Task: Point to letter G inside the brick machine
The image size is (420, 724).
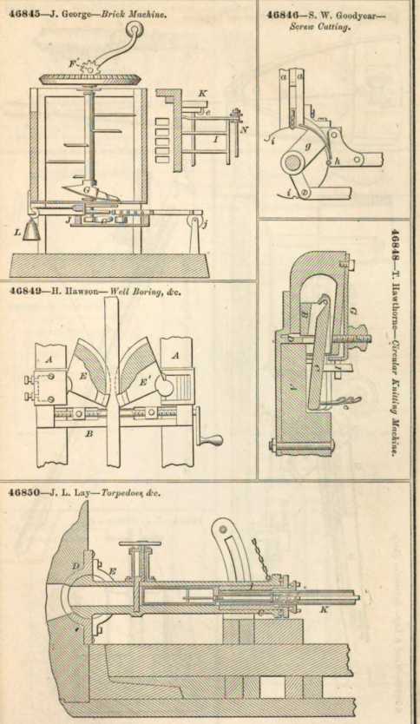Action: (87, 188)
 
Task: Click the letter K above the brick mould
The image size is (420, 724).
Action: (201, 93)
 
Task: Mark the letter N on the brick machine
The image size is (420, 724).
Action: (244, 130)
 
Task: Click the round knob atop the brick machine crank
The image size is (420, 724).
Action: (135, 30)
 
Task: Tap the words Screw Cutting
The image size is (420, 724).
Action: (319, 26)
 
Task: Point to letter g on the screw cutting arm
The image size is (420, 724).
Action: (308, 147)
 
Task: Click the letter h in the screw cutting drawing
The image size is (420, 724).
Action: (338, 161)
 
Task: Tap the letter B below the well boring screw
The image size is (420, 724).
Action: (90, 433)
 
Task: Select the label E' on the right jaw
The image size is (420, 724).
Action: (144, 382)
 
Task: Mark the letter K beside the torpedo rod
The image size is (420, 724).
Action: (324, 610)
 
